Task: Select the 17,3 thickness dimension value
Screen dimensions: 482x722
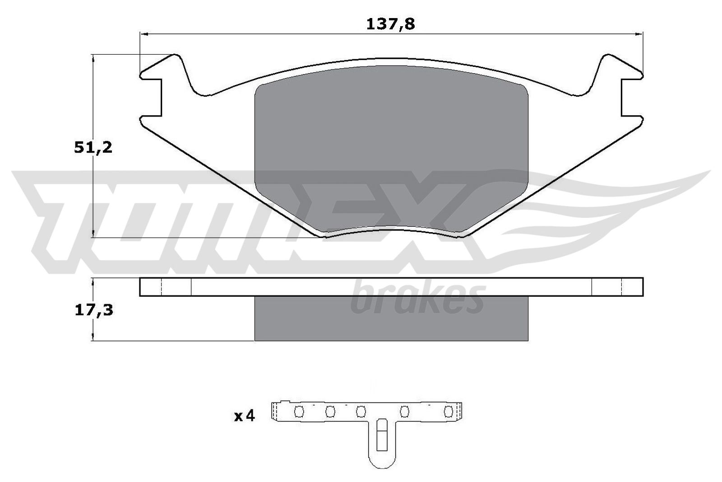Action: point(93,310)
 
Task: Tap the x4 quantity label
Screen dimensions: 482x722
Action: point(244,416)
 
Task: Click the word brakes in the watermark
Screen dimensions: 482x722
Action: point(417,298)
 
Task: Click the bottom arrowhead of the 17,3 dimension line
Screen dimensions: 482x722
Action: point(93,337)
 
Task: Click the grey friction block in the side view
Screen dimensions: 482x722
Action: point(391,318)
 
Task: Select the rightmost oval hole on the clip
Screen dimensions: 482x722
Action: point(448,412)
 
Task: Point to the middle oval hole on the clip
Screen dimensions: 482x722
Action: point(360,412)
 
